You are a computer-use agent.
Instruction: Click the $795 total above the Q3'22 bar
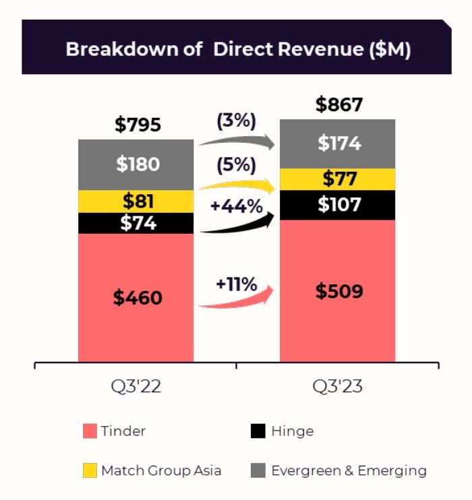pyautogui.click(x=138, y=125)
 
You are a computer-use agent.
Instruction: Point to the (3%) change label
pyautogui.click(x=236, y=121)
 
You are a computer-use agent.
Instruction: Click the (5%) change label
pyautogui.click(x=236, y=165)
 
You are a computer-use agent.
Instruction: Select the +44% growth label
pyautogui.click(x=236, y=207)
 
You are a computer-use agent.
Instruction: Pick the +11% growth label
pyautogui.click(x=236, y=284)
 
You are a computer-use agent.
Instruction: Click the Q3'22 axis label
pyautogui.click(x=136, y=387)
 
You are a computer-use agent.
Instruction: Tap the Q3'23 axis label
pyautogui.click(x=338, y=387)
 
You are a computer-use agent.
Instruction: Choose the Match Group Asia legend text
pyautogui.click(x=161, y=470)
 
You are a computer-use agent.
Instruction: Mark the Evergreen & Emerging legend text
pyautogui.click(x=349, y=470)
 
